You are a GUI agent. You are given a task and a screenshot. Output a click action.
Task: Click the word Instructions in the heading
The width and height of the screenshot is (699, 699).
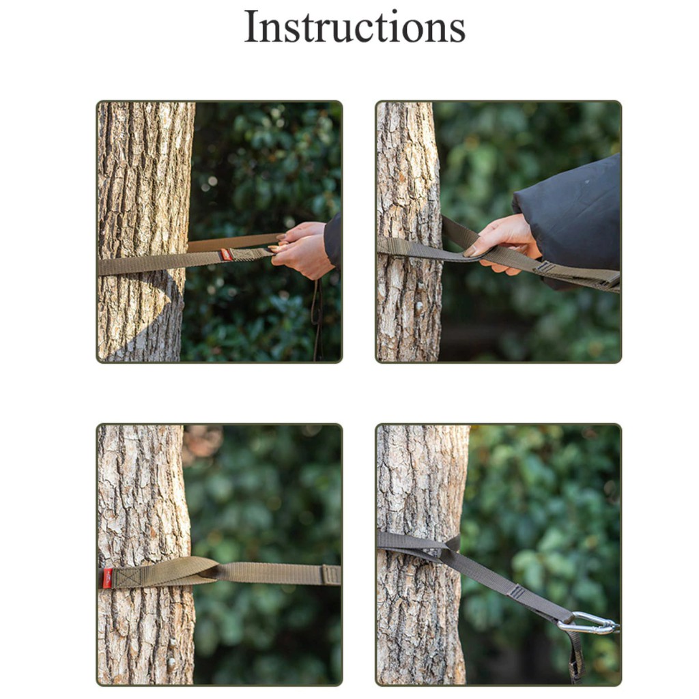[354, 27]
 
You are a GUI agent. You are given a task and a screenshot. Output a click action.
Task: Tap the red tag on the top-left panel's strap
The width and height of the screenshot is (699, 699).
[227, 255]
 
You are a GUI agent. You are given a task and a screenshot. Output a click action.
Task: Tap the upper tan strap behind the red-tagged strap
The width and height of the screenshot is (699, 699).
[234, 242]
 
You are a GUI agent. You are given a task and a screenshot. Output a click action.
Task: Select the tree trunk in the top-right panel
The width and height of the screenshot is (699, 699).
[409, 231]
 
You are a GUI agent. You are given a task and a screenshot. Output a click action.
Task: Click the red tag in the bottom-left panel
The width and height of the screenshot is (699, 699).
[107, 578]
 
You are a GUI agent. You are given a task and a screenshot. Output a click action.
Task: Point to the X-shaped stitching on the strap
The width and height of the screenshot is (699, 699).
[129, 577]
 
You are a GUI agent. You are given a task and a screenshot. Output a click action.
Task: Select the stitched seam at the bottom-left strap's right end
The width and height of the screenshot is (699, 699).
[331, 575]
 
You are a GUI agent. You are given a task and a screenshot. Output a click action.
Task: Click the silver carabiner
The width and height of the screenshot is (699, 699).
[588, 623]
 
